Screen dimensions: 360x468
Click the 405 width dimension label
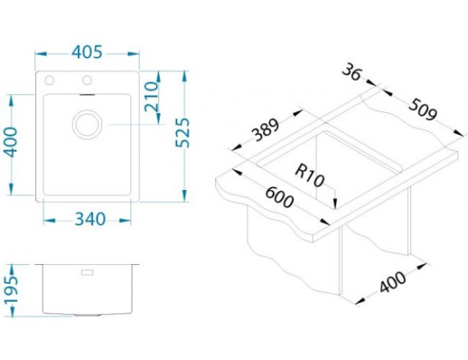point(87,52)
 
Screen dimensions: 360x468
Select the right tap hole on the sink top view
point(87,80)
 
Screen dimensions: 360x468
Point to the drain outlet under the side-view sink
point(87,316)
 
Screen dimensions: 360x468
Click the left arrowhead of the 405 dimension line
point(39,53)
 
